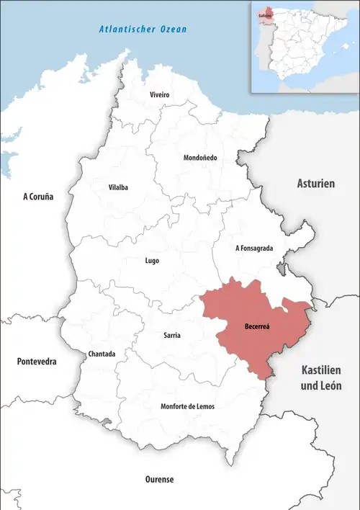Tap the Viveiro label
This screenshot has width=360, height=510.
click(159, 95)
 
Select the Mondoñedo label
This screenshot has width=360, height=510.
click(200, 158)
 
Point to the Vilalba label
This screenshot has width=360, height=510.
click(118, 187)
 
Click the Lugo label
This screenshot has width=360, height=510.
click(152, 261)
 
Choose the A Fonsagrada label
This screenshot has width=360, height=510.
click(254, 248)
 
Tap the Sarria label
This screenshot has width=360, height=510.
click(172, 336)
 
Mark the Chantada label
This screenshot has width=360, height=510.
click(102, 354)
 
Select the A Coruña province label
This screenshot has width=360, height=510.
click(38, 196)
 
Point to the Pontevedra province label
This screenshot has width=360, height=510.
click(37, 361)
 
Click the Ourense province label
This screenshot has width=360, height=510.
click(159, 479)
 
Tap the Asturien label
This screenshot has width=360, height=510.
click(316, 184)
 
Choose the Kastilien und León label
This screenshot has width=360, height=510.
click(320, 379)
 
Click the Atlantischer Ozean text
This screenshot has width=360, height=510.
click(143, 30)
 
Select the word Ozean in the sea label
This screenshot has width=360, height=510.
click(173, 30)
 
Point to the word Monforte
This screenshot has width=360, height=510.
click(176, 406)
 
